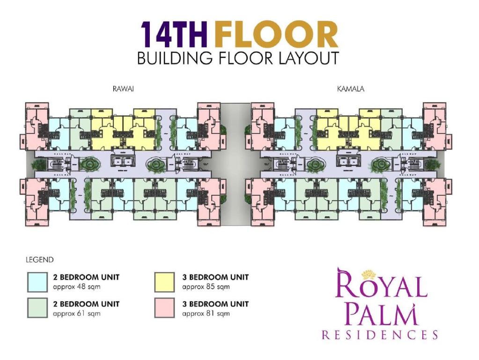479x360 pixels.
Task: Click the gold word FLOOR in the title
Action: click(277, 35)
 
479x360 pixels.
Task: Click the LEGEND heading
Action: click(39, 259)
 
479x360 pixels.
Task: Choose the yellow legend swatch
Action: click(165, 281)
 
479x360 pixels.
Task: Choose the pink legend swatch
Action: click(165, 308)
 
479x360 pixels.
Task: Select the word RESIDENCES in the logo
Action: click(380, 335)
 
